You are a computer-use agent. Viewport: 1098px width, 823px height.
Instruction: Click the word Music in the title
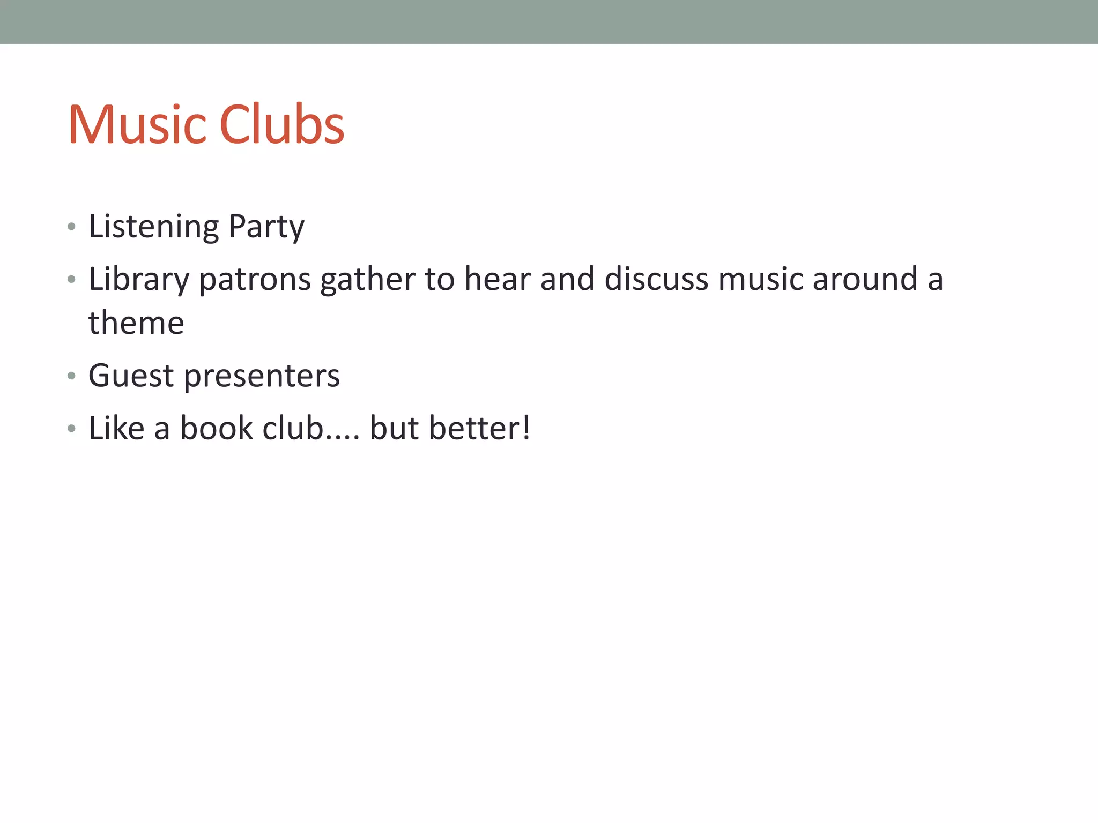point(137,125)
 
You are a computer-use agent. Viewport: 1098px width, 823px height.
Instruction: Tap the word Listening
point(153,227)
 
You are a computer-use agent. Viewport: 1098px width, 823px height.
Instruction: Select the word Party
point(266,227)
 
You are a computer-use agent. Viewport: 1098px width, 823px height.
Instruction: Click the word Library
point(139,280)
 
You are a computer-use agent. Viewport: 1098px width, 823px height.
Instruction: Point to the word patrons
point(255,280)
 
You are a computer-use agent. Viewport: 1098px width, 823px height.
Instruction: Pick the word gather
point(367,280)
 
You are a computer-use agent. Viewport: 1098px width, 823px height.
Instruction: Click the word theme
point(136,323)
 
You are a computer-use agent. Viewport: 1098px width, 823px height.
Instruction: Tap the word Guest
point(131,375)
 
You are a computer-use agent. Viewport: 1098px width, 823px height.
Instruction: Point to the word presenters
point(262,376)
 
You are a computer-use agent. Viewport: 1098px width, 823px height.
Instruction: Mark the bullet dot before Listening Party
point(71,227)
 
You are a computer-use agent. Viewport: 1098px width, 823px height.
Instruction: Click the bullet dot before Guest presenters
point(71,376)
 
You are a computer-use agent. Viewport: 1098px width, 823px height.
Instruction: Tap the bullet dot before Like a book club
point(71,429)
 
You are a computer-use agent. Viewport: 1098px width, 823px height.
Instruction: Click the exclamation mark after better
point(526,428)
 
